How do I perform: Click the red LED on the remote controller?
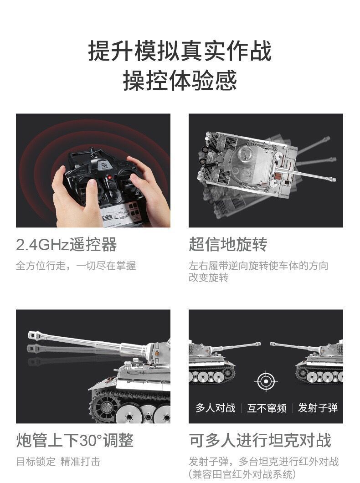pyautogui.click(x=109, y=178)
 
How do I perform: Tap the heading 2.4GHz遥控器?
pyautogui.click(x=66, y=245)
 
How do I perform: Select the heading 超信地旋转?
pyautogui.click(x=228, y=245)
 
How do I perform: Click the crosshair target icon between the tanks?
pyautogui.click(x=266, y=381)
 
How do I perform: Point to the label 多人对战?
pyautogui.click(x=216, y=408)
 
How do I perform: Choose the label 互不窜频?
pyautogui.click(x=267, y=408)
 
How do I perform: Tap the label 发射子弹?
pyautogui.click(x=318, y=408)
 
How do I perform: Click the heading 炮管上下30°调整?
pyautogui.click(x=75, y=440)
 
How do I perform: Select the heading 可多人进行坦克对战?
pyautogui.click(x=260, y=440)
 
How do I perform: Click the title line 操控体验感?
pyautogui.click(x=180, y=80)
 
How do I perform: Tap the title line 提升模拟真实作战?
pyautogui.click(x=180, y=51)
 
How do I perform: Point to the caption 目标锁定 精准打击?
pyautogui.click(x=58, y=462)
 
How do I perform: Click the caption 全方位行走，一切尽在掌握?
pyautogui.click(x=76, y=266)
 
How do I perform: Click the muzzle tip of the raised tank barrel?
pyautogui.click(x=31, y=335)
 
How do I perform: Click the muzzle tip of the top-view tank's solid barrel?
pyautogui.click(x=333, y=179)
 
